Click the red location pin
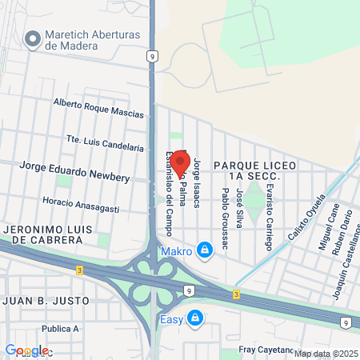(x=179, y=158)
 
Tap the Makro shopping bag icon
(x=206, y=251)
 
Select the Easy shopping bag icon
(x=195, y=318)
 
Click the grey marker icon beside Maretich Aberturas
(x=33, y=38)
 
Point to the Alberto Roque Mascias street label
(x=99, y=108)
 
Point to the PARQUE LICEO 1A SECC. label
(x=255, y=170)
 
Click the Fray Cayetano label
(x=269, y=350)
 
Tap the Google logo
(x=26, y=350)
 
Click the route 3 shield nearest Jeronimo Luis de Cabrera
(x=77, y=270)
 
